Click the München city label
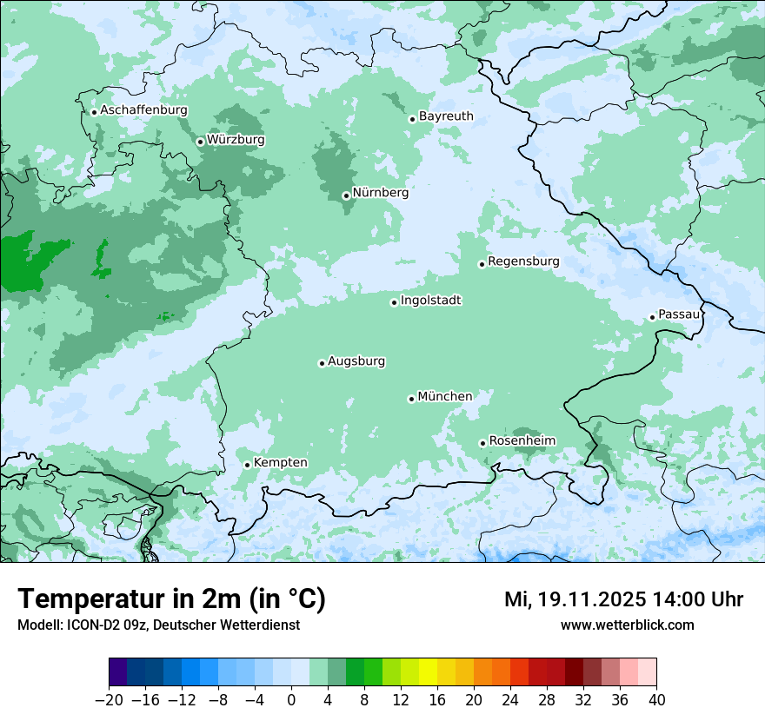445,397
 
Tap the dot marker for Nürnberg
346,195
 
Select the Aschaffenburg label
143,110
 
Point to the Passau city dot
652,317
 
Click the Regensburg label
523,261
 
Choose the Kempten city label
280,463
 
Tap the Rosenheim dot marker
482,443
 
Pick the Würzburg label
236,140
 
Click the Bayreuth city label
446,116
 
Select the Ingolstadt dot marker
394,302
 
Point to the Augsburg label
356,361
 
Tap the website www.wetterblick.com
627,625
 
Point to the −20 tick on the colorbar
110,700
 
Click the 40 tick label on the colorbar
656,700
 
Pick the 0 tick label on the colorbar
291,700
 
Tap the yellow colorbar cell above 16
428,672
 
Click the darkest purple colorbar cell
118,672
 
